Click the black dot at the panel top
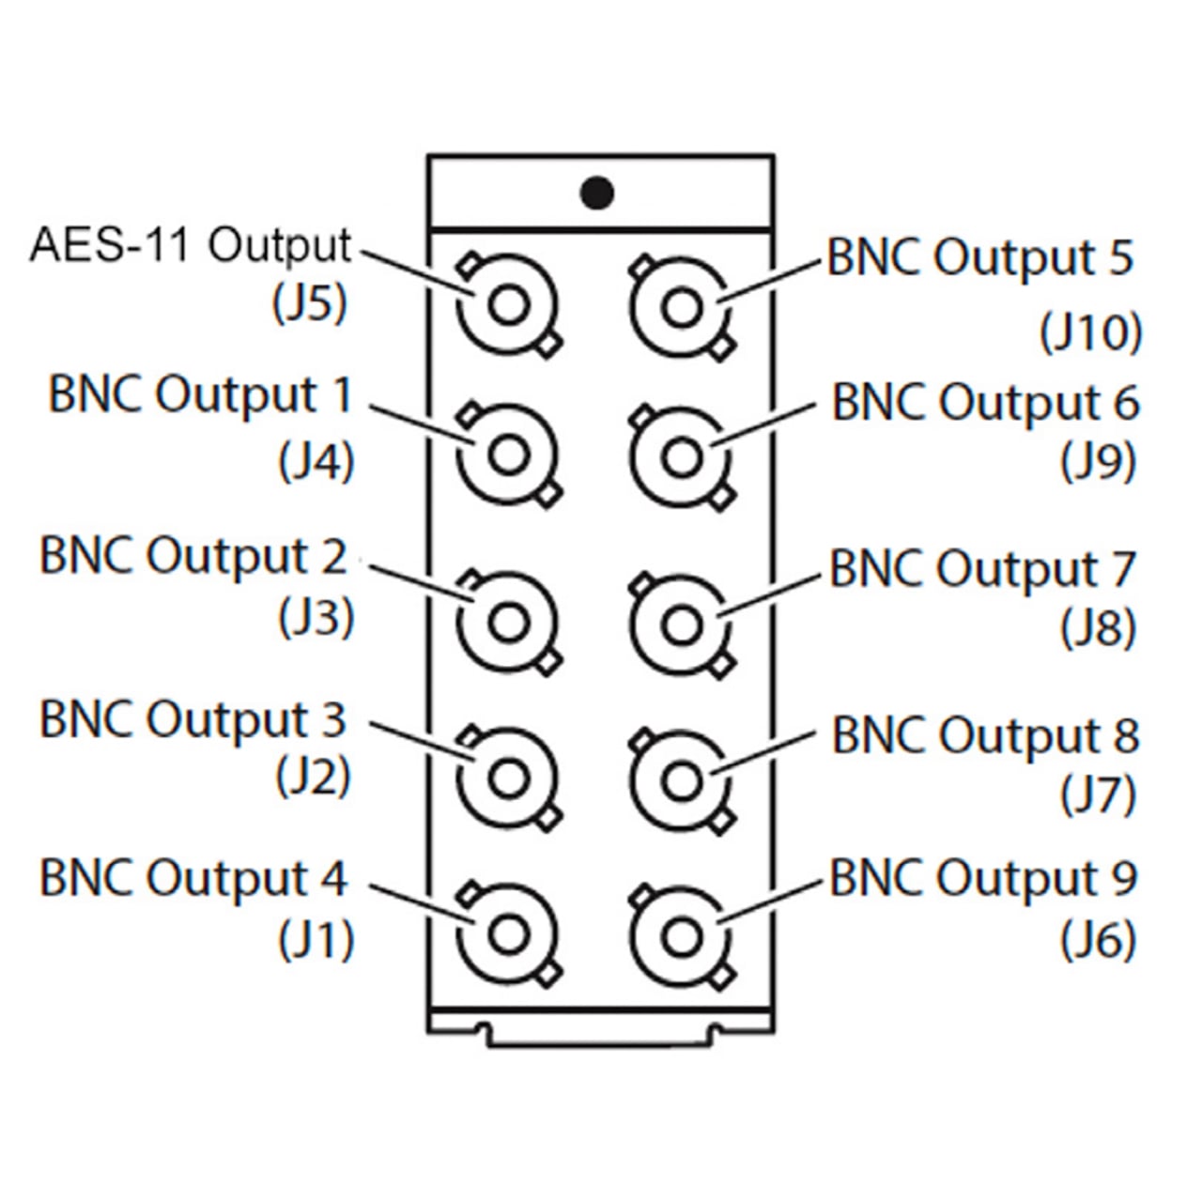(597, 193)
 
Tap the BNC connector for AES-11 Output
(508, 306)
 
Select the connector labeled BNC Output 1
(508, 455)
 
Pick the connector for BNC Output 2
(508, 623)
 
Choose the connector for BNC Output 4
(508, 934)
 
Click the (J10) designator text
(1090, 331)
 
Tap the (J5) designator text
(310, 303)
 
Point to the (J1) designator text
(316, 940)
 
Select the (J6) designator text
(1098, 940)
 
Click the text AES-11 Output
(191, 245)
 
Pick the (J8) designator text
(1098, 628)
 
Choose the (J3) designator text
(316, 617)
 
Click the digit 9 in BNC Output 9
(1122, 878)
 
